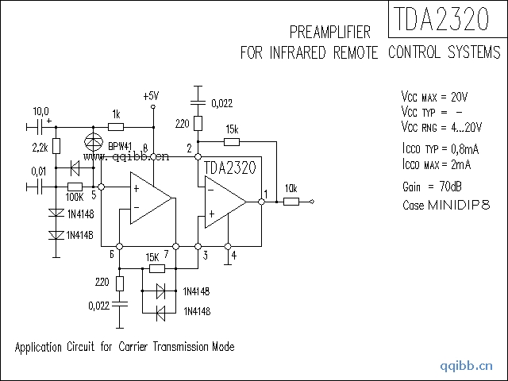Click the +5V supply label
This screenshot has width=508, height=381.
coord(151,95)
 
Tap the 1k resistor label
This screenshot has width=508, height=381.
coord(116,114)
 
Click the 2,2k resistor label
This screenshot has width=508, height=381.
coord(40,147)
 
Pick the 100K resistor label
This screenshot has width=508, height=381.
coord(75,196)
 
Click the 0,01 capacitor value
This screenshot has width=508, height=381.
coord(38,171)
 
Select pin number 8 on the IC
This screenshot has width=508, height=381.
coord(145,148)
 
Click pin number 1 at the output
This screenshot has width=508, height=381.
coord(265,193)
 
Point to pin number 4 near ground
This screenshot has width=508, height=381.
coord(233,255)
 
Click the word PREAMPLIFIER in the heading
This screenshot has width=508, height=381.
coord(331,33)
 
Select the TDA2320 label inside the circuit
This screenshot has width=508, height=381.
coord(229,168)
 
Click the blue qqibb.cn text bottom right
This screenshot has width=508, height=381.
coord(467,367)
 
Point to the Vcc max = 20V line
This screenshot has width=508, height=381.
coord(434,97)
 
